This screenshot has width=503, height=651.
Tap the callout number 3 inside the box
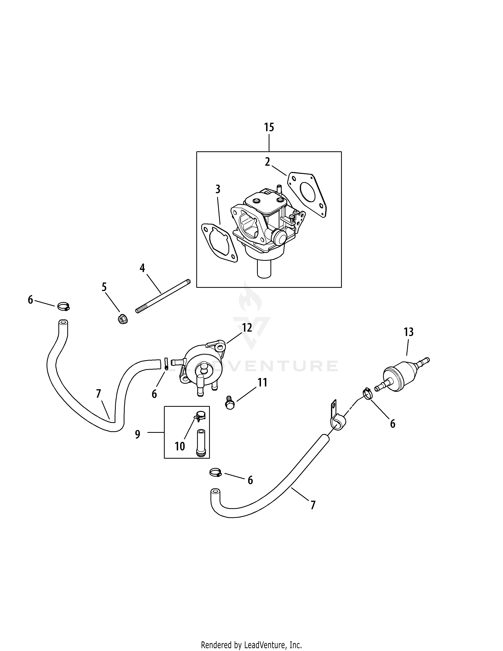coord(218,189)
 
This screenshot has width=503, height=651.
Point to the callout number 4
coord(142,268)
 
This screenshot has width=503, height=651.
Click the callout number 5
coord(104,287)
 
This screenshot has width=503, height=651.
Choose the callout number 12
coord(247,328)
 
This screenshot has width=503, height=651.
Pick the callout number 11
coord(262,383)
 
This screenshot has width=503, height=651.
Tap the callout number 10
coord(180,446)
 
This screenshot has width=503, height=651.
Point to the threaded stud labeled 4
coord(163,296)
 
